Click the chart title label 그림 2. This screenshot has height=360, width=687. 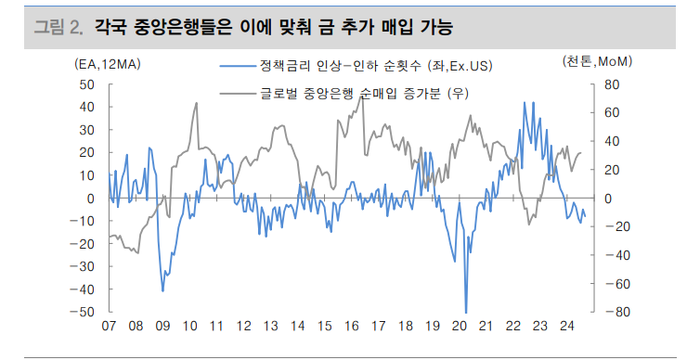click(x=56, y=27)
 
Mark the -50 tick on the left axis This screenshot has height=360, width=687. click(x=85, y=312)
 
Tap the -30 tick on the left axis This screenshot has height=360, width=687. click(x=85, y=266)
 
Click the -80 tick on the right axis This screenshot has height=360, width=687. click(x=608, y=312)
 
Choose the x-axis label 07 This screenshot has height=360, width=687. click(x=109, y=327)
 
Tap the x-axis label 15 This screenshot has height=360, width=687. click(x=324, y=327)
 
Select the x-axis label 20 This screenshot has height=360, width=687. click(x=460, y=327)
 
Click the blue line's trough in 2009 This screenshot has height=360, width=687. click(x=162, y=291)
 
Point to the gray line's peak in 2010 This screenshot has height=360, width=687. click(x=196, y=102)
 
